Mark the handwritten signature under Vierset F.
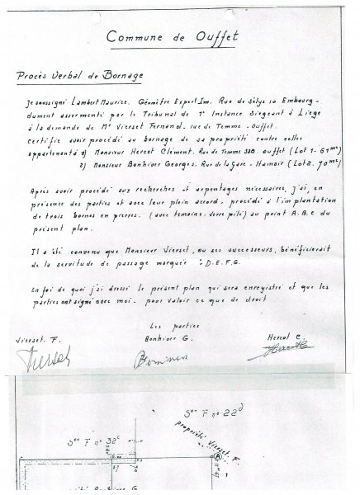(43, 356)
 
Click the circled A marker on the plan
(217, 456)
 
